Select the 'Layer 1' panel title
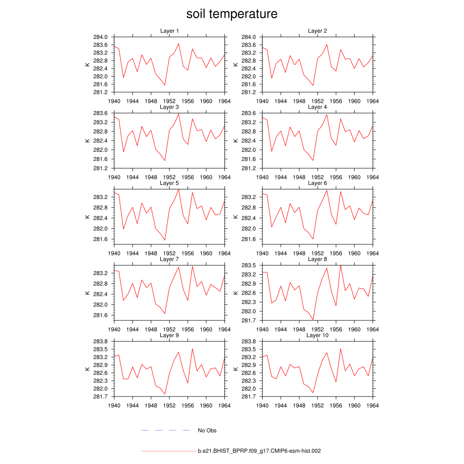169,31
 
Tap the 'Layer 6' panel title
317,183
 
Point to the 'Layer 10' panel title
317,335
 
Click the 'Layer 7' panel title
169,259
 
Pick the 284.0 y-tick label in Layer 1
100,37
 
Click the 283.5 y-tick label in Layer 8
248,266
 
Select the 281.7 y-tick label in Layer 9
100,397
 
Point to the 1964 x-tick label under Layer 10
372,406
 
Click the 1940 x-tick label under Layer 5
114,253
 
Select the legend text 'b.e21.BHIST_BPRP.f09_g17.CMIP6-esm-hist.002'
259,451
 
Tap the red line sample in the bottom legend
168,451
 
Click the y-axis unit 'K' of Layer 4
235,140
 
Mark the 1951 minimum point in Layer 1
165,85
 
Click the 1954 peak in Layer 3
179,113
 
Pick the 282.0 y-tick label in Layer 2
248,77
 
